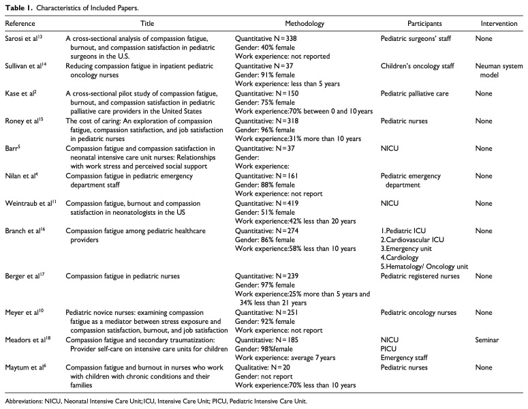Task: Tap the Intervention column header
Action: coord(498,23)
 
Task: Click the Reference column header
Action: coord(20,23)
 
